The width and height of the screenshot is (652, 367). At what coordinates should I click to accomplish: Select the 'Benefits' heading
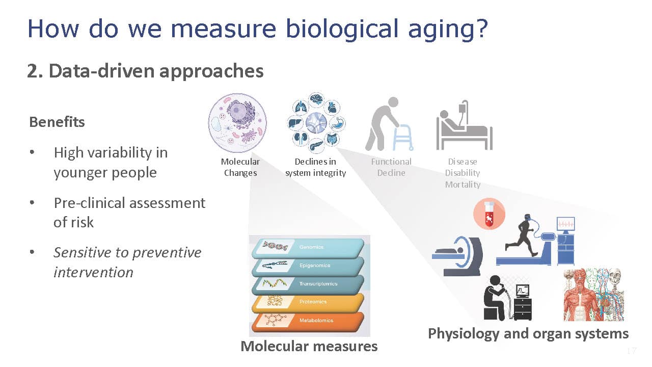point(57,122)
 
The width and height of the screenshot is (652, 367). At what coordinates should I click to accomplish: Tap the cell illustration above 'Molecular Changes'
point(237,123)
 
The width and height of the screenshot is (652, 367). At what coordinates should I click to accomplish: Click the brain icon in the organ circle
point(316,99)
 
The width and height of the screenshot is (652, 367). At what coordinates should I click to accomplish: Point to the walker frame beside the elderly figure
point(403,138)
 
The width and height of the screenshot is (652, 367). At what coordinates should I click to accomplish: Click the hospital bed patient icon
point(464,125)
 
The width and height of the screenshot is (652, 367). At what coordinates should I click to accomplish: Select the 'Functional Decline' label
point(391,167)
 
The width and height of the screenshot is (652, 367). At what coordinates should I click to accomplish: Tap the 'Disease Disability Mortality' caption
point(463,173)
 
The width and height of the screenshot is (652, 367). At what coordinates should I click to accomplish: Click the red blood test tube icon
point(490,214)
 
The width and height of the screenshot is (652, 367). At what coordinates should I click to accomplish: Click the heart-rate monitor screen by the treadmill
point(565,224)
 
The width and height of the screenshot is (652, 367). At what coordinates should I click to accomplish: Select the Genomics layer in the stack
point(308,248)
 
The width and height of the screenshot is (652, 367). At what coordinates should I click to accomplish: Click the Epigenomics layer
point(308,266)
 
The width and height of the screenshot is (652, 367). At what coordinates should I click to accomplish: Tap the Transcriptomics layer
point(308,284)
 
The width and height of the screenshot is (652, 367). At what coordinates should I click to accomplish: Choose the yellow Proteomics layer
point(308,303)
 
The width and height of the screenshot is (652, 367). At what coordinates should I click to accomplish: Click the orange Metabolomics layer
point(308,321)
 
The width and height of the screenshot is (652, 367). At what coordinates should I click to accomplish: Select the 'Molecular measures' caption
point(309,346)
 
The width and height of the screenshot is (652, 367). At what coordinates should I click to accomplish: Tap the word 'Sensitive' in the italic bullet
point(83,252)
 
